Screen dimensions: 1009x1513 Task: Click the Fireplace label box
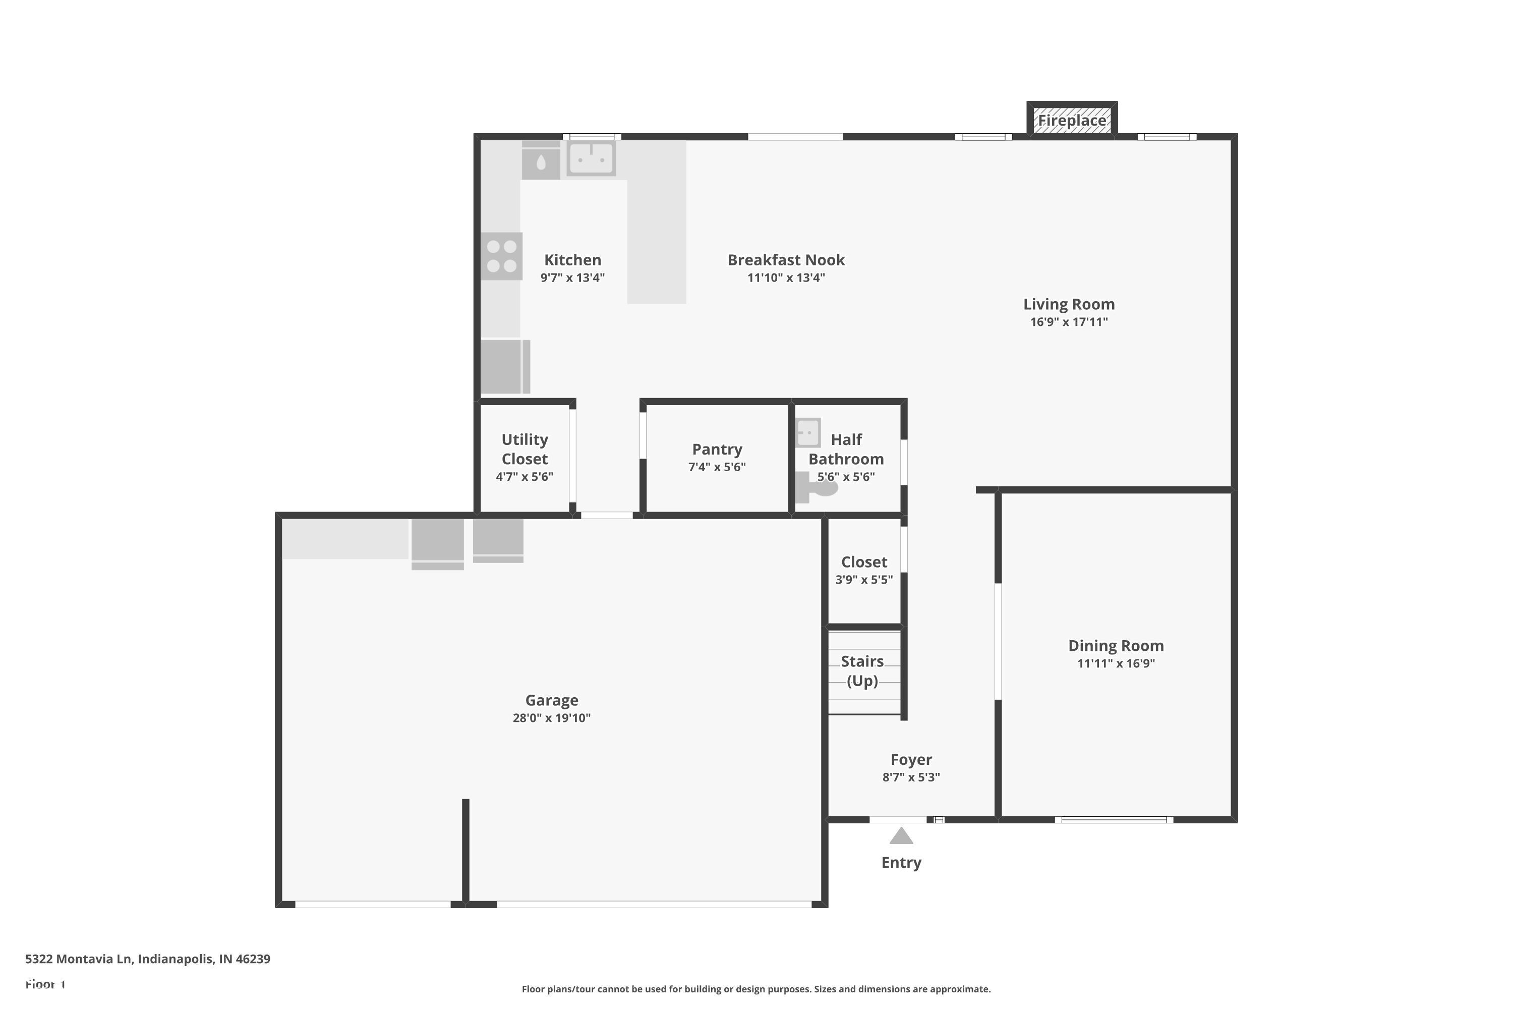[1072, 121]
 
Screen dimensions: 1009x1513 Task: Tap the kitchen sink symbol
[591, 157]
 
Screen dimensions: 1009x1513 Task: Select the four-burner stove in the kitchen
[501, 256]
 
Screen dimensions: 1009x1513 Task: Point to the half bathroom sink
[807, 432]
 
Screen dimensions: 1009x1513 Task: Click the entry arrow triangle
[901, 836]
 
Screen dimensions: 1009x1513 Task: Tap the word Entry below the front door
[901, 862]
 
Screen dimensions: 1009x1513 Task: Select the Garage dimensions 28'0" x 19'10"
[551, 718]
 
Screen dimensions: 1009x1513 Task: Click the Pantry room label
[717, 449]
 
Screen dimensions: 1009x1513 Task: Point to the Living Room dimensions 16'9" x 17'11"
[1069, 322]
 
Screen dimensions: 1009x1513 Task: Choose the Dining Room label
[1116, 645]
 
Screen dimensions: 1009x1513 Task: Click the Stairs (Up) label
[862, 670]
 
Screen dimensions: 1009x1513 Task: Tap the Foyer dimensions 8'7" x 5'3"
[911, 777]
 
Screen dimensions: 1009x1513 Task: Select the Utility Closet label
[525, 449]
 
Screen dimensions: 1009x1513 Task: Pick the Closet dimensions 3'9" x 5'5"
[863, 580]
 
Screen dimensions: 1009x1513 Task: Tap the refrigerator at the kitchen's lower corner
[505, 366]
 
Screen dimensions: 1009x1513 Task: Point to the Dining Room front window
[1114, 820]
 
